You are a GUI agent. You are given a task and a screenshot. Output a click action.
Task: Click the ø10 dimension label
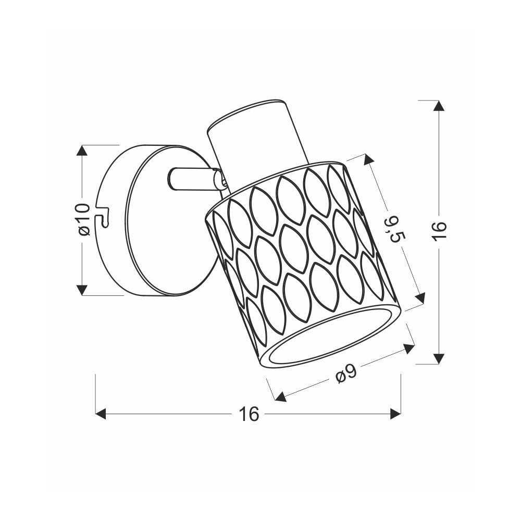85,219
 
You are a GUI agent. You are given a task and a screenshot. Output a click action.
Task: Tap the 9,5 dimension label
395,229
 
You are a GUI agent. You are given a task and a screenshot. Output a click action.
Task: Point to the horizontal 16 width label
249,414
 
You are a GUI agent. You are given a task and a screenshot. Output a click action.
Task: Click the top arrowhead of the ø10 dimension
82,151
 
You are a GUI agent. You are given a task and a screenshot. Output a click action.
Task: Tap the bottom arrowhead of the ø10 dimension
82,290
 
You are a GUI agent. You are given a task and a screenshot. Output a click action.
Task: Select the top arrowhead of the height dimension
439,106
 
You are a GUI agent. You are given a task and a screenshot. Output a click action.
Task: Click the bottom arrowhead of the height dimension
439,358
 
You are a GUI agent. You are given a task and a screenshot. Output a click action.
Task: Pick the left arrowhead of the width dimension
101,414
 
